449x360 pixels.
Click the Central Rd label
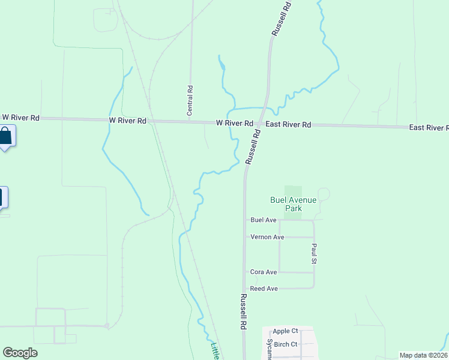(x=190, y=100)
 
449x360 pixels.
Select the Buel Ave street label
(x=264, y=220)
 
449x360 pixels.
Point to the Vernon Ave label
(x=267, y=237)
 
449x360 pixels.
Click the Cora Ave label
(x=264, y=272)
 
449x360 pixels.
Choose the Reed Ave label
(x=264, y=289)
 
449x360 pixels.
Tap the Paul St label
(x=313, y=253)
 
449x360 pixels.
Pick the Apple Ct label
(x=285, y=331)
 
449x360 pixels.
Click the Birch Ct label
(x=285, y=344)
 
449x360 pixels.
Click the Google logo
(x=20, y=353)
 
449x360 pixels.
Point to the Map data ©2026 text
(x=423, y=355)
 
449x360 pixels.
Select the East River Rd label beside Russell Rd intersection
(x=289, y=125)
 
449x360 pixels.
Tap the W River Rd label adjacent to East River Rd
(x=235, y=123)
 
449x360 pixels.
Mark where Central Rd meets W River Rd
(x=190, y=121)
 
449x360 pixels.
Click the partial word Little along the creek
(x=214, y=350)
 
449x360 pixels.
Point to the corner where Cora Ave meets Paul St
(x=313, y=272)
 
